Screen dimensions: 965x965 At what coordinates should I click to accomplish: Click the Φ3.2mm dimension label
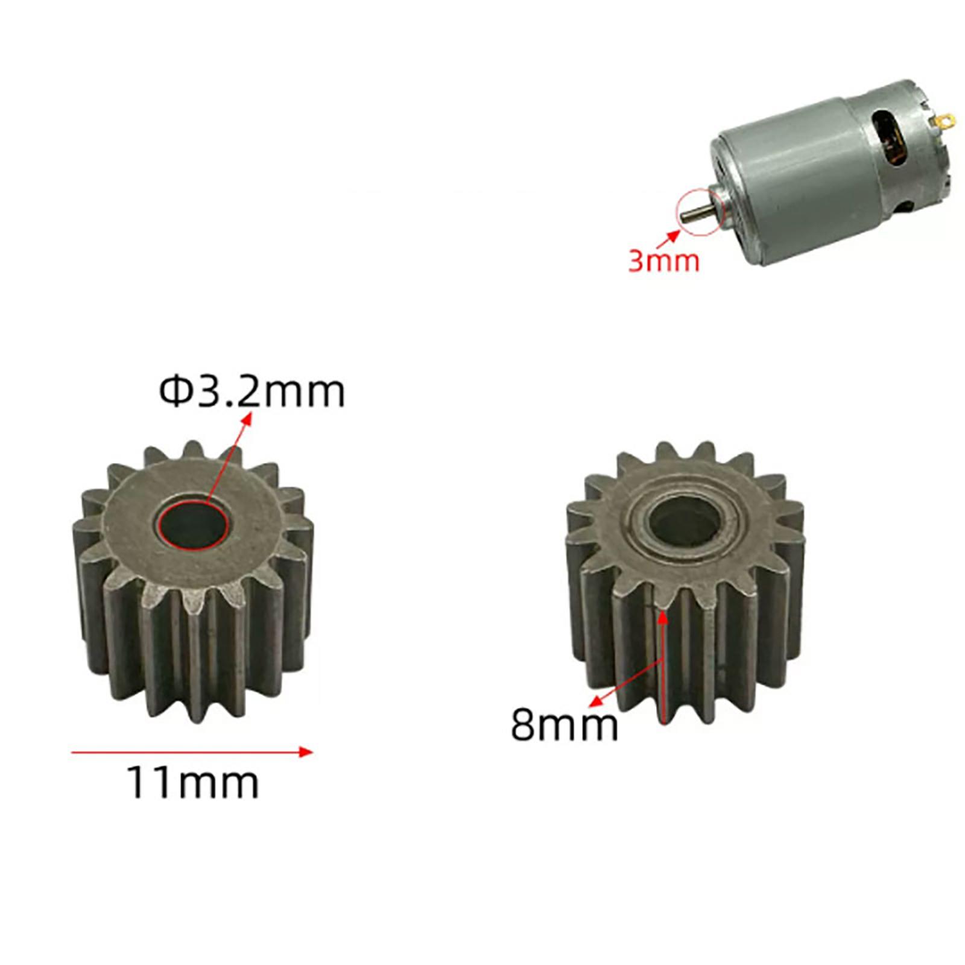pos(252,391)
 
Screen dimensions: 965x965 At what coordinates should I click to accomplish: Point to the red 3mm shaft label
pos(663,261)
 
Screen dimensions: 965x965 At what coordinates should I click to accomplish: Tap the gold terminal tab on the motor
pos(944,122)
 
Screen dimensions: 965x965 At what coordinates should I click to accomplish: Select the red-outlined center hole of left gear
pos(195,522)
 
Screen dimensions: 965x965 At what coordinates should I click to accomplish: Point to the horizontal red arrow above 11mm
pos(192,751)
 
